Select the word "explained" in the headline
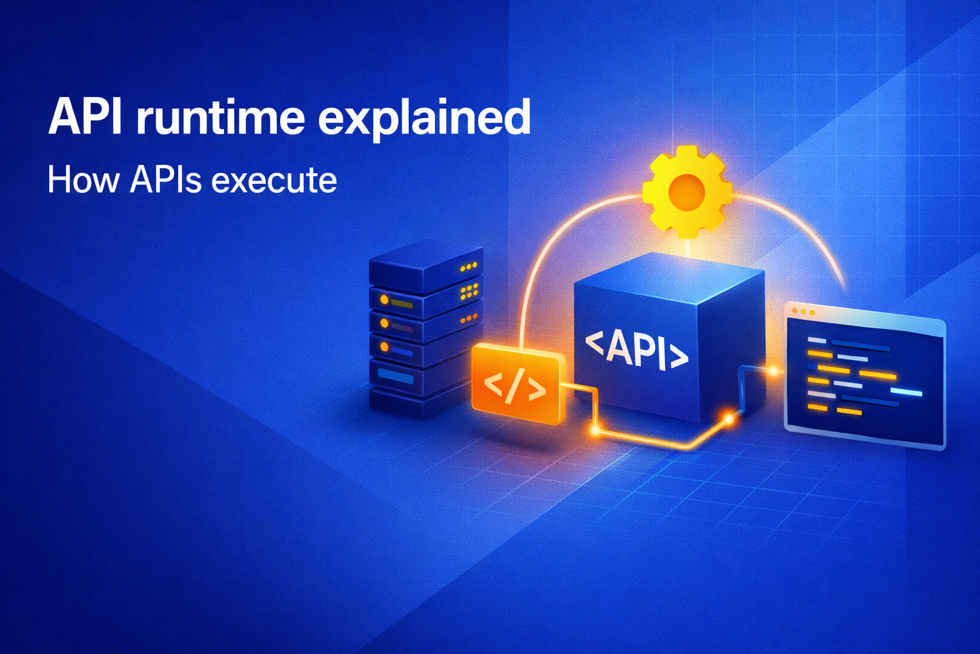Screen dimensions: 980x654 click(424, 118)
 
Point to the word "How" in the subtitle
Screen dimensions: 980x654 click(83, 180)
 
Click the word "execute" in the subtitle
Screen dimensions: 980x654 click(274, 181)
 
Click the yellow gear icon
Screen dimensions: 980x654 click(687, 189)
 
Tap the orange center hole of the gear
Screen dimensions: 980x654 click(687, 190)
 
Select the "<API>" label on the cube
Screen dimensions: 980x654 click(637, 350)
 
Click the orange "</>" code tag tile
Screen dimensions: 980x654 click(517, 383)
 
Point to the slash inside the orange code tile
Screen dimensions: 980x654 click(514, 386)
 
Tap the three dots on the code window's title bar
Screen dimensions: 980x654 click(803, 312)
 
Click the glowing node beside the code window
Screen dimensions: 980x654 click(773, 370)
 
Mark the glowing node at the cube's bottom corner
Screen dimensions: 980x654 click(727, 419)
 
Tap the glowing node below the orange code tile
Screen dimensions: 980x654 click(595, 430)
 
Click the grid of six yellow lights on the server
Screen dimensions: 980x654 click(469, 291)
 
